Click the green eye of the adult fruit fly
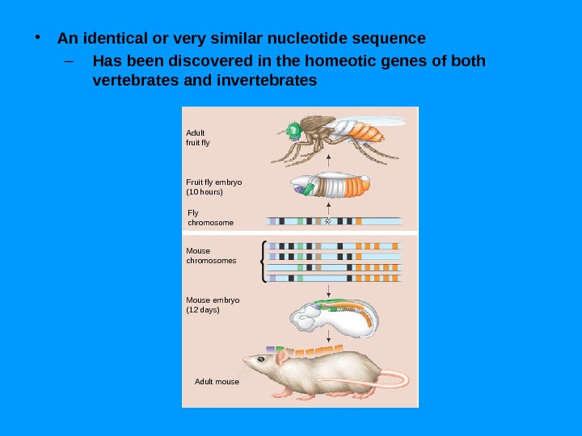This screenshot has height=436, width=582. (293, 130)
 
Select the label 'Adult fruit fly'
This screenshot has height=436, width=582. (197, 137)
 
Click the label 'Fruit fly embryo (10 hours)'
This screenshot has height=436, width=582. (213, 187)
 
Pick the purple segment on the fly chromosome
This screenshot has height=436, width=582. (273, 220)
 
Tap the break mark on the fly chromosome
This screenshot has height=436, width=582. (328, 220)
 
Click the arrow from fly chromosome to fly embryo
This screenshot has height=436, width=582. (329, 209)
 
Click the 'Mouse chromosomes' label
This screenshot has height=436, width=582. (211, 256)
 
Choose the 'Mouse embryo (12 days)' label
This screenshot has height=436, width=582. (213, 304)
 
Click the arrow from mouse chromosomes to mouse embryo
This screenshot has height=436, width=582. (329, 291)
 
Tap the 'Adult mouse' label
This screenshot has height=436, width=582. (217, 381)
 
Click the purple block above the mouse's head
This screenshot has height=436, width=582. (268, 348)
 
